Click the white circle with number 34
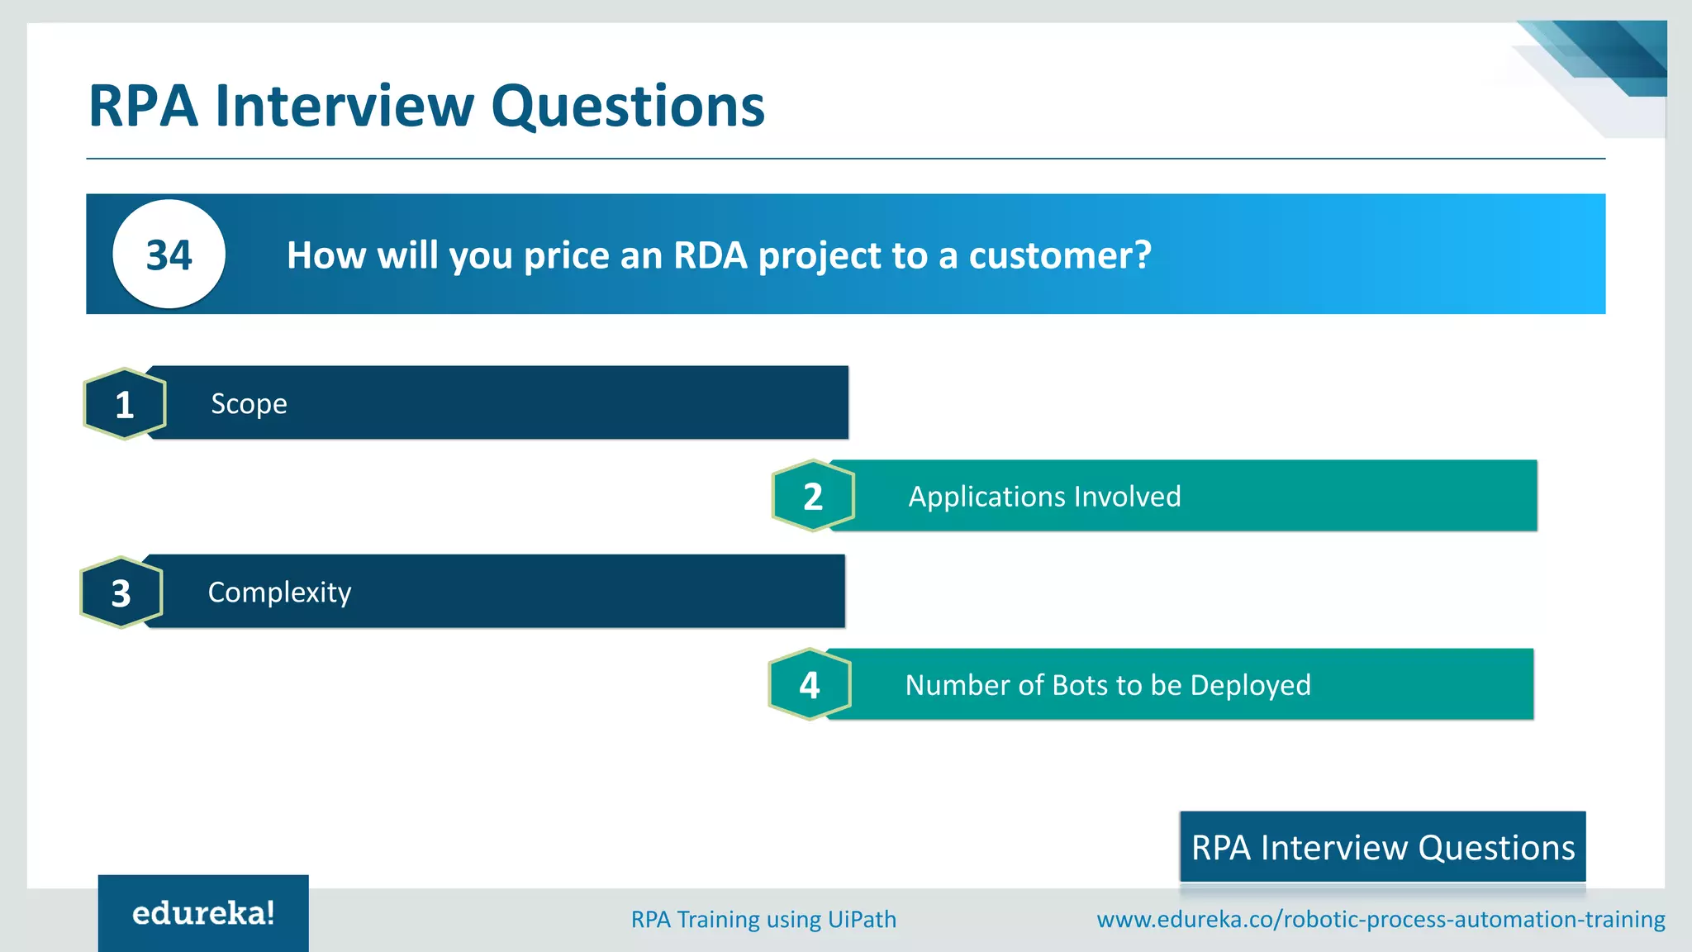click(169, 255)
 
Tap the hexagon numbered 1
click(125, 404)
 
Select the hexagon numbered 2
click(813, 496)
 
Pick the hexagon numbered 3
click(121, 593)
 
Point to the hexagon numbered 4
click(810, 684)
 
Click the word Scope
click(249, 404)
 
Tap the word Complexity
click(279, 593)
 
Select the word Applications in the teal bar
click(981, 497)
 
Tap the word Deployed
click(1250, 686)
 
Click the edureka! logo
click(203, 913)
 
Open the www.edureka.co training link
click(1381, 919)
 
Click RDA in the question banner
click(710, 255)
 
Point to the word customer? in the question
click(1060, 255)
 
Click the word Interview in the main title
click(345, 106)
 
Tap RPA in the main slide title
click(143, 106)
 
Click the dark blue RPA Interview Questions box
click(1382, 847)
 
